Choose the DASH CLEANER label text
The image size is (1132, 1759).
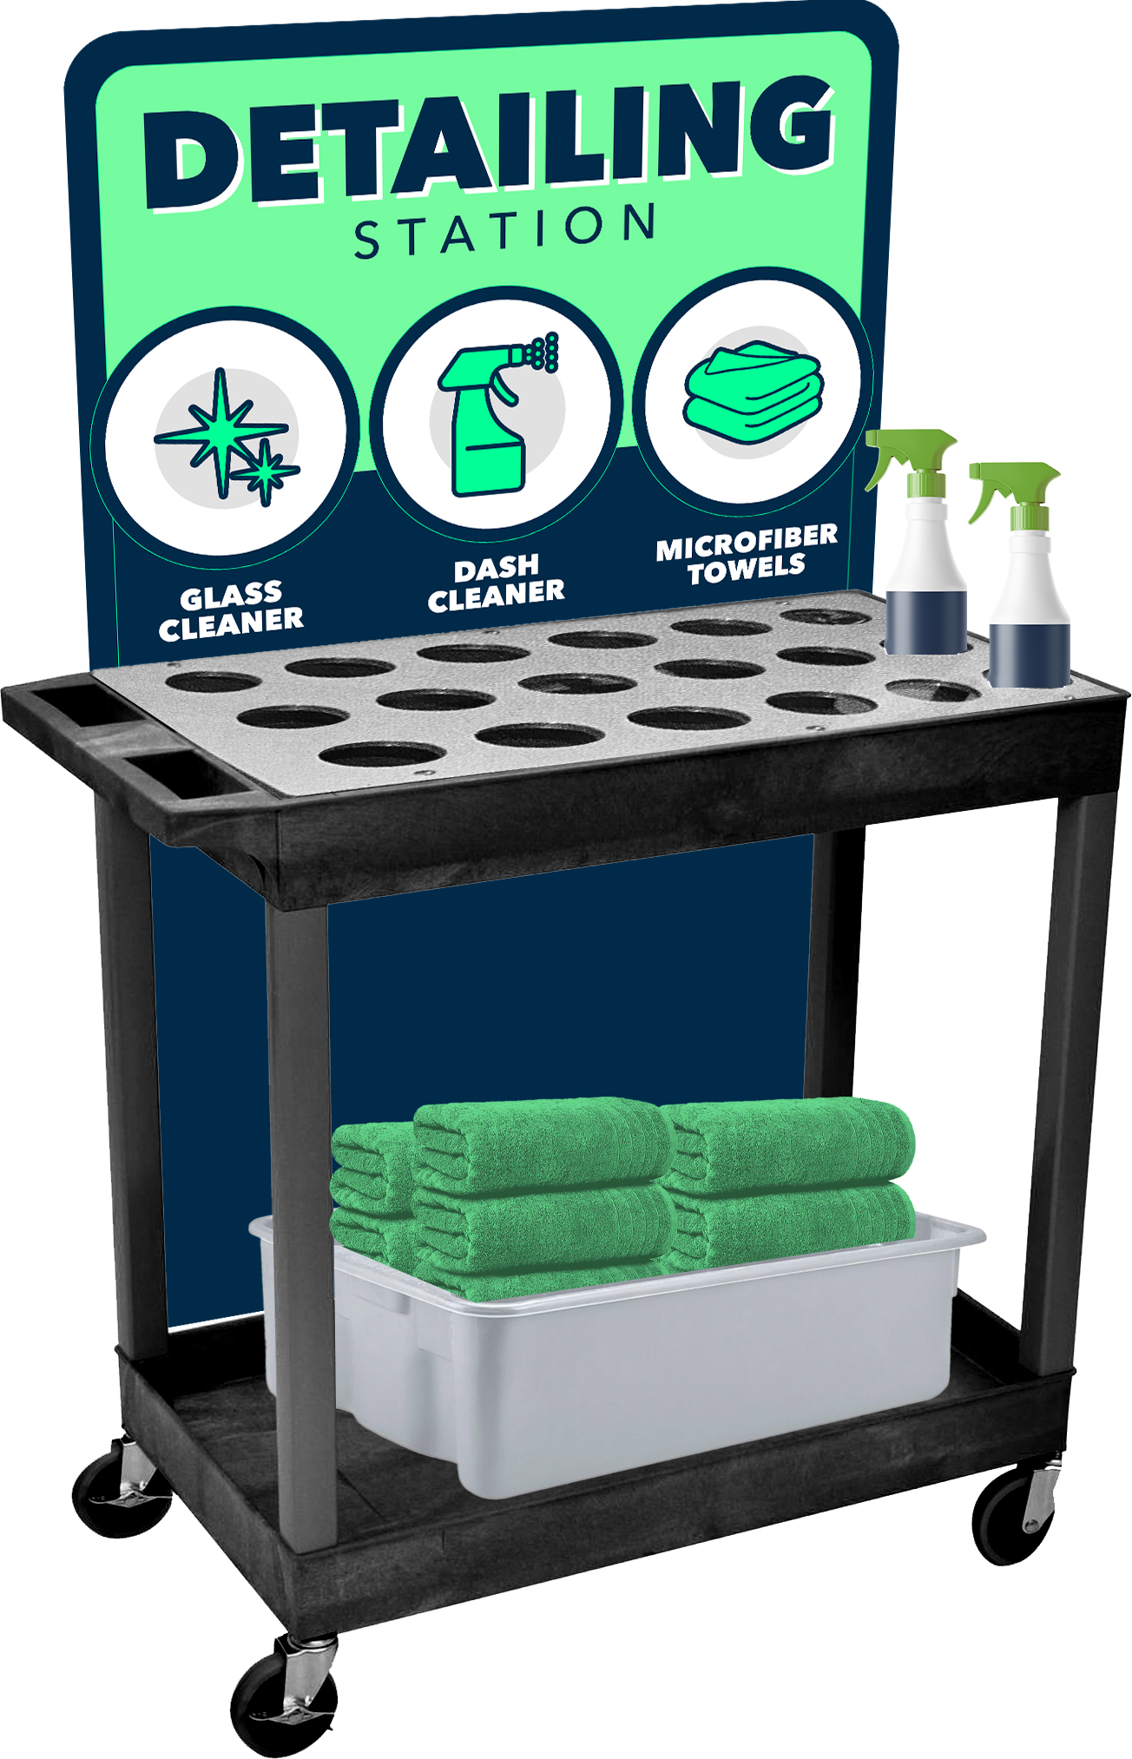click(496, 583)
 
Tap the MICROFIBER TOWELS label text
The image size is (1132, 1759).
click(747, 553)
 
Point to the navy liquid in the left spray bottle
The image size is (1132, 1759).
click(925, 622)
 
